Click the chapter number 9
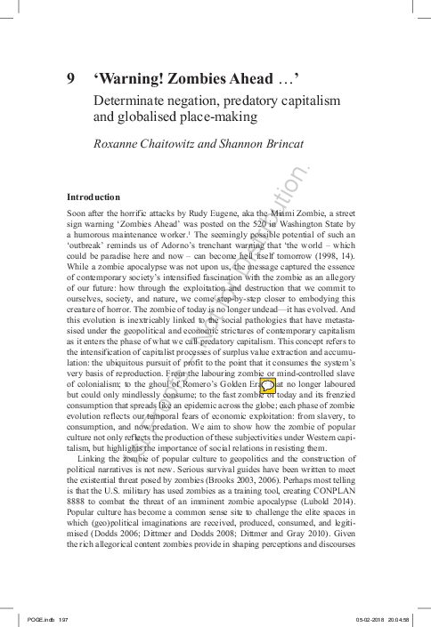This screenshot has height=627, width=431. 72,78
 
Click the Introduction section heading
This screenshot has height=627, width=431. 97,196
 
